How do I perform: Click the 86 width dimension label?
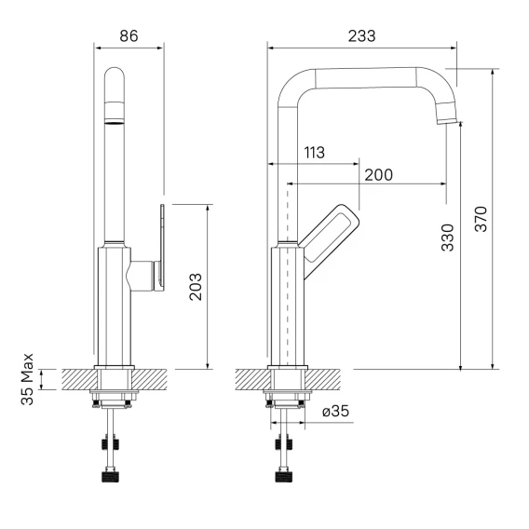pos(129,35)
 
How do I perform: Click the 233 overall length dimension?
pos(361,35)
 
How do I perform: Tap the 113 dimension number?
pos(315,153)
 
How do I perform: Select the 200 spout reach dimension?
pos(378,175)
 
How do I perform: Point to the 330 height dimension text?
pos(448,237)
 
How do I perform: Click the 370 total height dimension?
pos(482,219)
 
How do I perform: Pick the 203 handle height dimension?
pos(196,287)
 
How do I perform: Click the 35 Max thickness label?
pos(27,379)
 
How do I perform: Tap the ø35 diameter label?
pos(335,412)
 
